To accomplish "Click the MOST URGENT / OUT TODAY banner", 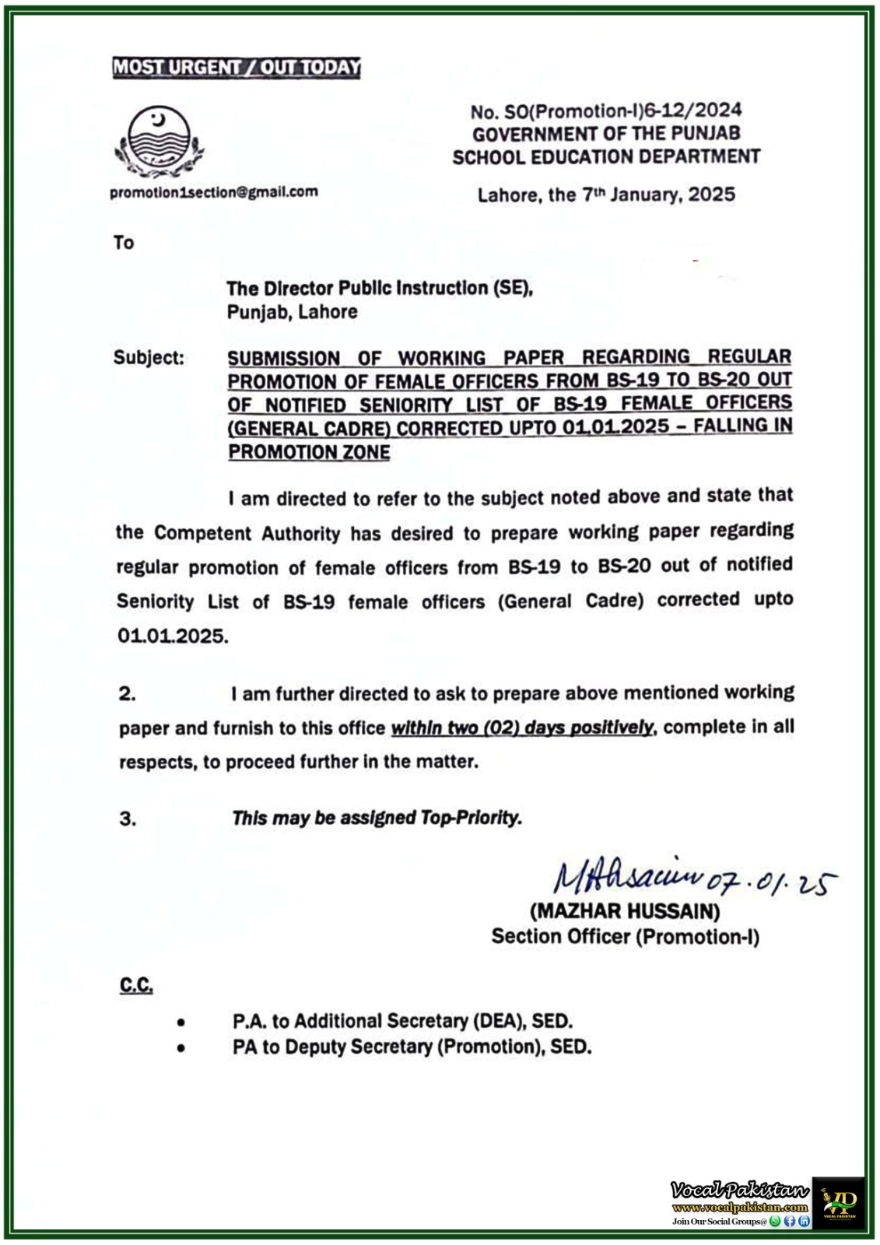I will (237, 67).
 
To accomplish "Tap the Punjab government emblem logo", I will (159, 142).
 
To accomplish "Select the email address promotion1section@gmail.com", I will (214, 191).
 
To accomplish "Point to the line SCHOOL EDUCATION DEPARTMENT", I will (606, 156).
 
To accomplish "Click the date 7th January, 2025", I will (658, 194).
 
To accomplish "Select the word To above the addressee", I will (124, 243).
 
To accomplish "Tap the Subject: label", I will (149, 357).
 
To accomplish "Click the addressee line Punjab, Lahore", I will (292, 312).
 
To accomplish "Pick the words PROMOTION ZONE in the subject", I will (309, 451).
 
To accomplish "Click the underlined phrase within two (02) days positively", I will (522, 728).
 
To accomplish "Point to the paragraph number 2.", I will (127, 693).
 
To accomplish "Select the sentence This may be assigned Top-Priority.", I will (377, 818).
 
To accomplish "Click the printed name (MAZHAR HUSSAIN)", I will (624, 910).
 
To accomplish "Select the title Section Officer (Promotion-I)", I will (625, 936).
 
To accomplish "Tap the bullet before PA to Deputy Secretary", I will (181, 1048).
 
